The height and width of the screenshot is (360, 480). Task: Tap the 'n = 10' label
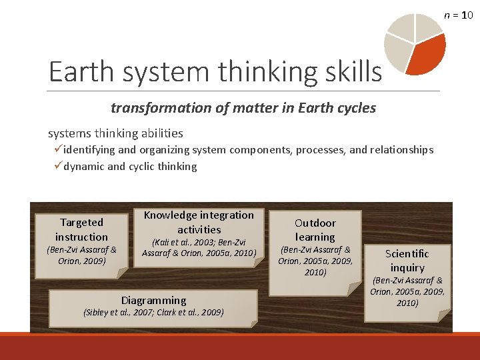pyautogui.click(x=459, y=14)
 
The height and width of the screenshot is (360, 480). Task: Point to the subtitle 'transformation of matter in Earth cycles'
pyautogui.click(x=243, y=107)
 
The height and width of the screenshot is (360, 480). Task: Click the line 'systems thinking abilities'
pyautogui.click(x=115, y=133)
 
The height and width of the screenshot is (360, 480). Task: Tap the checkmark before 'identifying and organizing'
pyautogui.click(x=58, y=150)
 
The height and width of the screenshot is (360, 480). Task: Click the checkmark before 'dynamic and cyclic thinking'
pyautogui.click(x=58, y=167)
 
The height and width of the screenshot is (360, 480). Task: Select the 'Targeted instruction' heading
pyautogui.click(x=81, y=229)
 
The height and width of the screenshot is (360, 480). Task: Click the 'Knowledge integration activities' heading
pyautogui.click(x=199, y=222)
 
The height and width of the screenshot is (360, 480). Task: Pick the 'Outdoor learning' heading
pyautogui.click(x=315, y=229)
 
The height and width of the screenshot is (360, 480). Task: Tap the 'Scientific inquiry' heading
pyautogui.click(x=407, y=260)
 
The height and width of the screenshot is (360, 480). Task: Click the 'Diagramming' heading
pyautogui.click(x=153, y=300)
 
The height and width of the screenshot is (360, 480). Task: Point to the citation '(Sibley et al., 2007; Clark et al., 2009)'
pyautogui.click(x=153, y=312)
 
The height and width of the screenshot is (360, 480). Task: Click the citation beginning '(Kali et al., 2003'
pyautogui.click(x=199, y=247)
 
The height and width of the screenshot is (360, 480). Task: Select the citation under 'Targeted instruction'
pyautogui.click(x=81, y=255)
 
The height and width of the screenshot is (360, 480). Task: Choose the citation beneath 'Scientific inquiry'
pyautogui.click(x=407, y=292)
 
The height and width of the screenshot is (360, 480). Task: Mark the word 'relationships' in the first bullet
pyautogui.click(x=400, y=150)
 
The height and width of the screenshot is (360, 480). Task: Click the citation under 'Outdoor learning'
pyautogui.click(x=315, y=261)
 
